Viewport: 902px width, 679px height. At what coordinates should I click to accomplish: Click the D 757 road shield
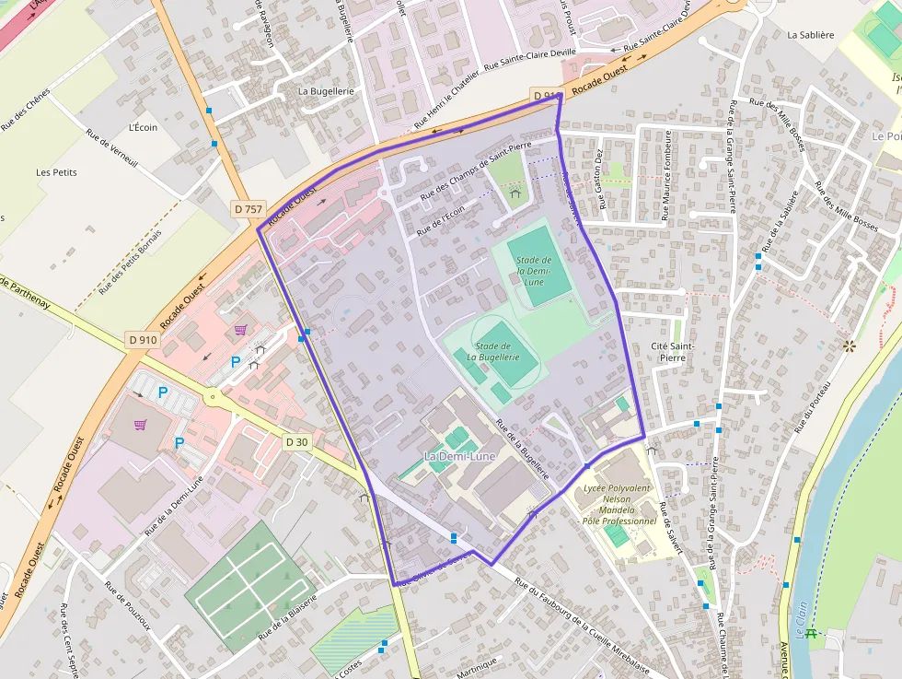click(x=249, y=209)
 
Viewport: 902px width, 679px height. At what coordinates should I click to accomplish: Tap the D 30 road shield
click(x=296, y=442)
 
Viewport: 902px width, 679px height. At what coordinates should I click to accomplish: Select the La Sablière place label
click(x=810, y=35)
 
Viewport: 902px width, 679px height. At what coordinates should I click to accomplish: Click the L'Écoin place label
click(x=143, y=127)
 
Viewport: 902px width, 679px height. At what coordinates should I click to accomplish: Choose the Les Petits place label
click(x=56, y=172)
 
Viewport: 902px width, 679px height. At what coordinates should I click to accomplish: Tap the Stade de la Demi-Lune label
click(x=535, y=271)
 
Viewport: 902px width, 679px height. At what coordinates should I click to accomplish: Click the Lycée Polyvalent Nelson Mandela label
click(x=618, y=505)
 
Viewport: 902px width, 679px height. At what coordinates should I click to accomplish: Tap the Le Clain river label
click(x=800, y=616)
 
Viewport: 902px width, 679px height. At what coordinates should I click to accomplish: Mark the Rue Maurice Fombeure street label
click(x=666, y=175)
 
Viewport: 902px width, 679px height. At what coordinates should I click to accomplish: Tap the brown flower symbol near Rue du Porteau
click(x=849, y=346)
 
